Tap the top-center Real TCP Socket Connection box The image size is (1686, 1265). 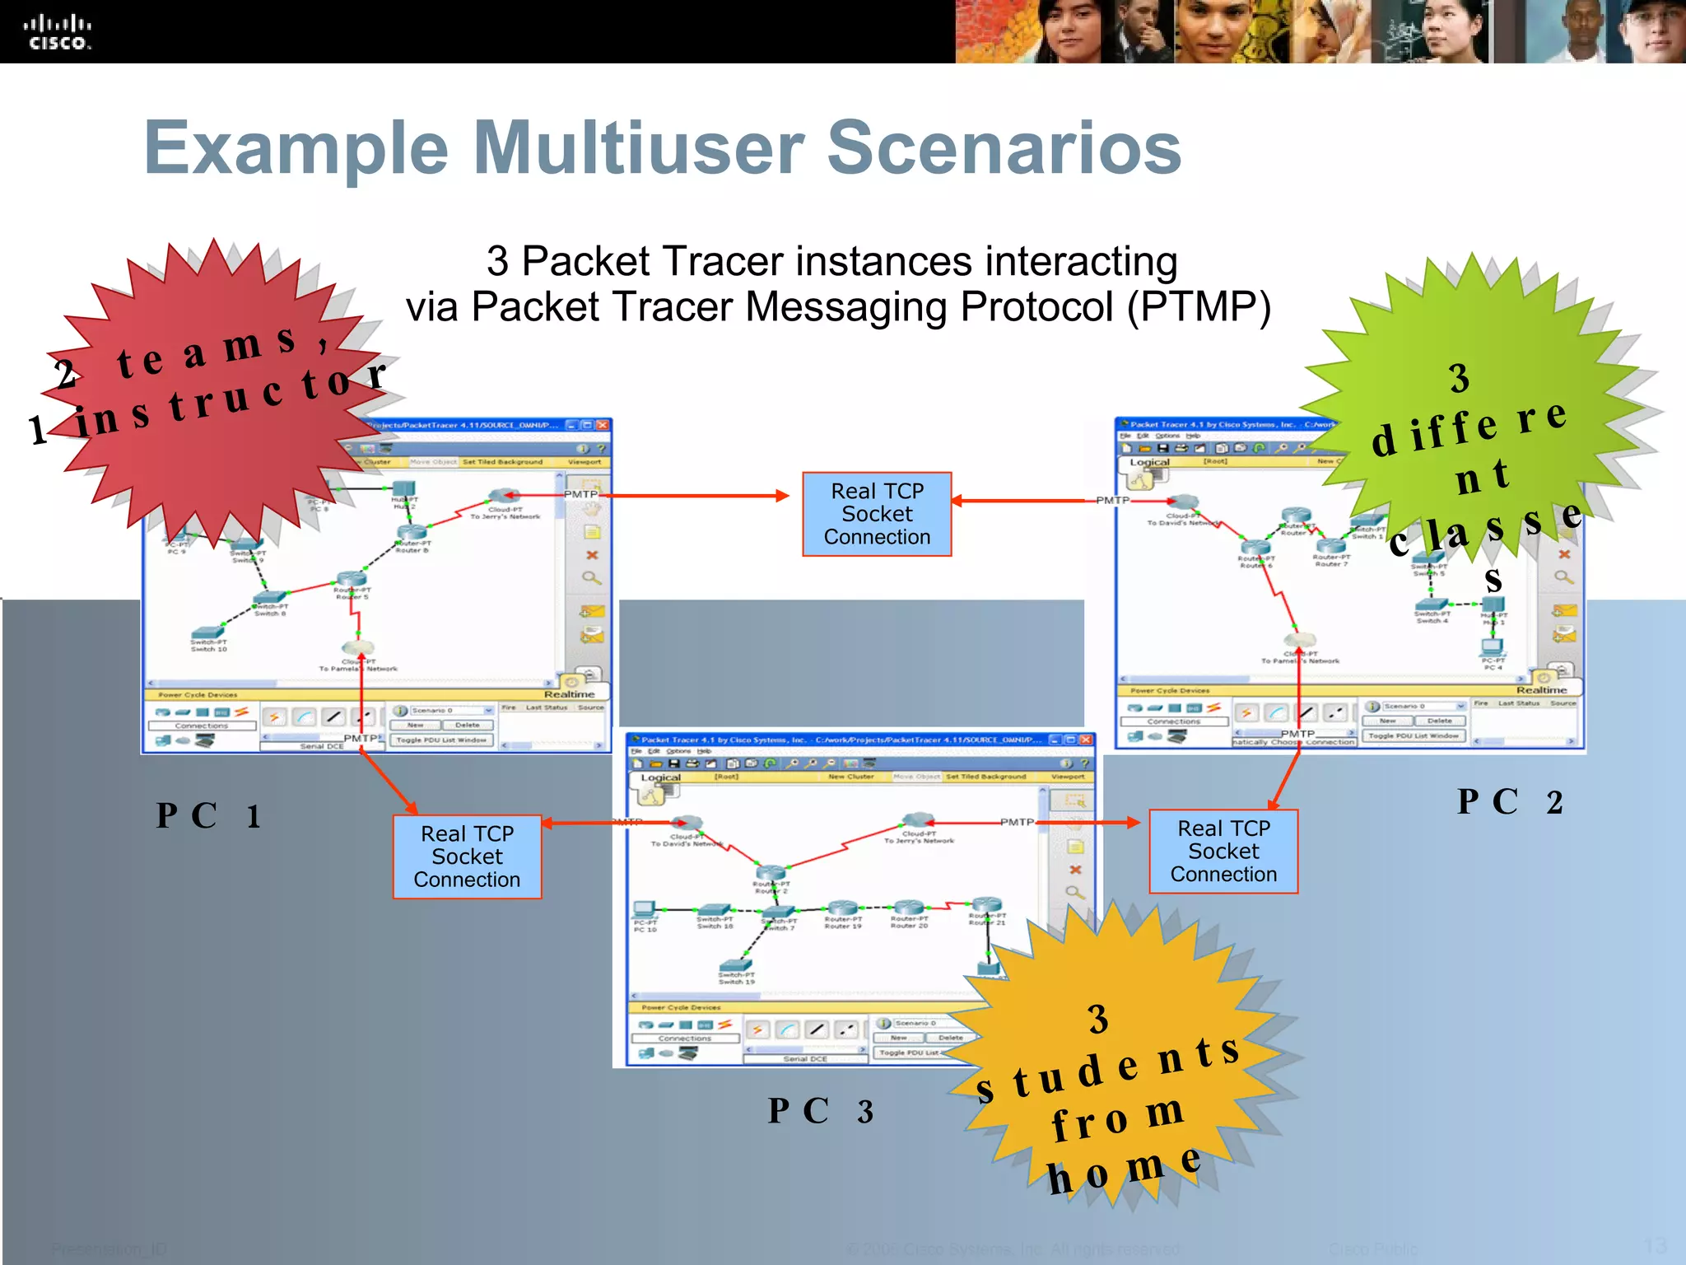[x=877, y=514]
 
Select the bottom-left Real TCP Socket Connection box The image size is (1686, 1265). [x=467, y=857]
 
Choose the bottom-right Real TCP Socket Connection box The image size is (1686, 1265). [x=1223, y=852]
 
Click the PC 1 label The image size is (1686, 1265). [x=208, y=816]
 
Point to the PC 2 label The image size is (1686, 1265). [x=1509, y=802]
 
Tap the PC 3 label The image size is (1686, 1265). [x=820, y=1111]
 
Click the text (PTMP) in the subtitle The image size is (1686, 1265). [x=1199, y=307]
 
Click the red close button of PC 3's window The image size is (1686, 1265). [x=1087, y=740]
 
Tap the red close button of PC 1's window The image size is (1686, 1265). [x=603, y=425]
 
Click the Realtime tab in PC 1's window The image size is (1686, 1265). [x=569, y=693]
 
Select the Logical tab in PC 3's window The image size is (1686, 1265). [x=660, y=777]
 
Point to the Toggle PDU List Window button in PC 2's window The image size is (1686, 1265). [x=1413, y=735]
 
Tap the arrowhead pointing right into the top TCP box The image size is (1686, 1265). [x=782, y=496]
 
